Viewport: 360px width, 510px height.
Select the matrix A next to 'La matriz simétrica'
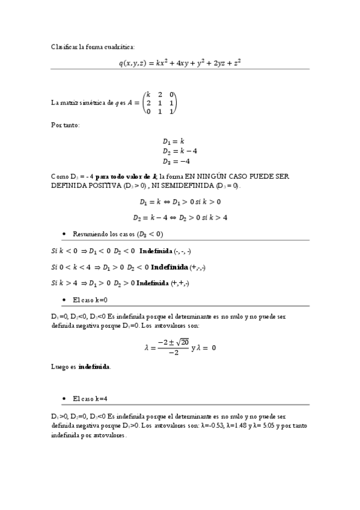[159, 103]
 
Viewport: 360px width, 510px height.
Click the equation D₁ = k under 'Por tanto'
[174, 141]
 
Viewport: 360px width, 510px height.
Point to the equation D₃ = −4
[176, 161]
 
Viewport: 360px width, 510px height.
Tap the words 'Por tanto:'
[66, 124]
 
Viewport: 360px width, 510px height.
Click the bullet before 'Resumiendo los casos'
[64, 234]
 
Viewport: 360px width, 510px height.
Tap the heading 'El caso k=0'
[90, 299]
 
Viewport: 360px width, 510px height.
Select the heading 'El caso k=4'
[90, 398]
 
